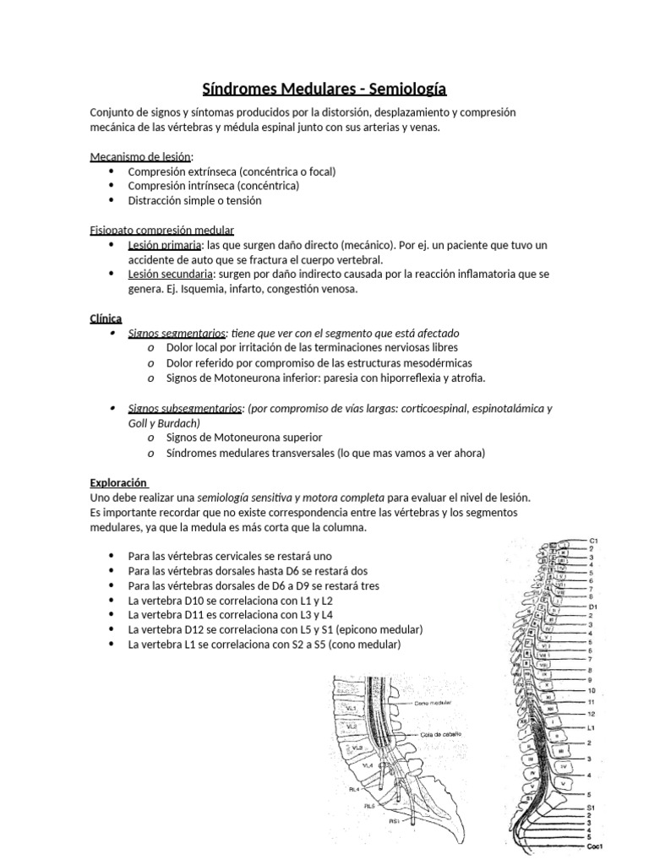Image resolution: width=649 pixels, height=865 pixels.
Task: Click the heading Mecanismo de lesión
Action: point(141,156)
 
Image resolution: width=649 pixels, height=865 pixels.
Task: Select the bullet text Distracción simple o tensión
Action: point(194,200)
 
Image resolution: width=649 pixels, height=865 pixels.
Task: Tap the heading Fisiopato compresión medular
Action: point(161,230)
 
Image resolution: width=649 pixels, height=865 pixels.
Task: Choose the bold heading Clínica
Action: point(106,318)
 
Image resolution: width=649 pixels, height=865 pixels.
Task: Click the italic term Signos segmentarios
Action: point(177,334)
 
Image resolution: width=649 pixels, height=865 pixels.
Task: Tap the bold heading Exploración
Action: point(118,483)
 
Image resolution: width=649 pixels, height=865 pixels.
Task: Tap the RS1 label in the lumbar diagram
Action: point(394,820)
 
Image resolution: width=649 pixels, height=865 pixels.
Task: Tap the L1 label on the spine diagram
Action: point(592,726)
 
